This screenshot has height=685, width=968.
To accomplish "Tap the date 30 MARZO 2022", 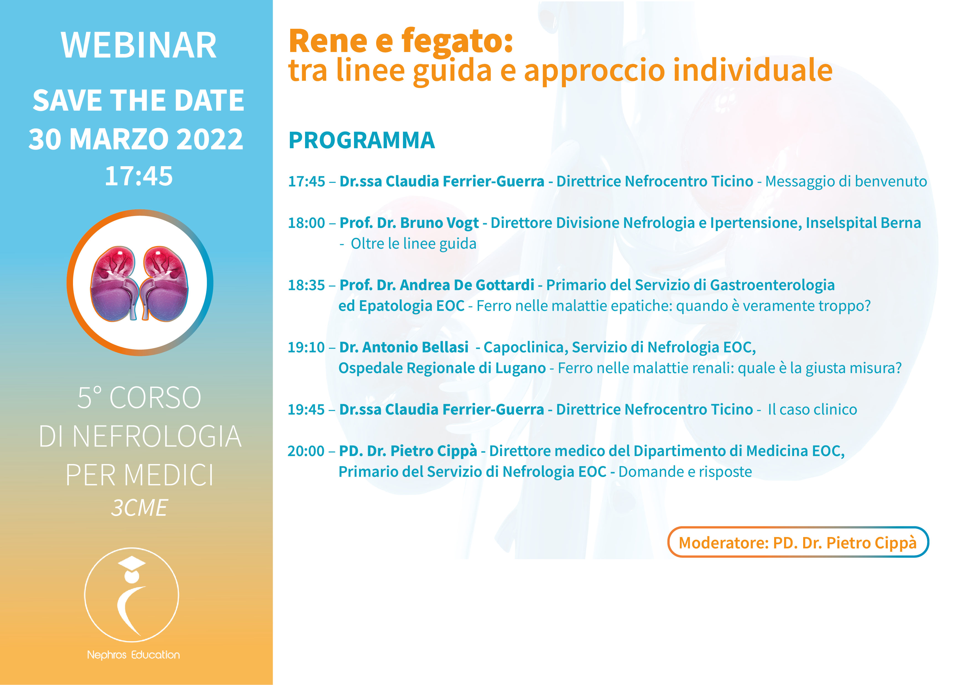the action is point(136,139).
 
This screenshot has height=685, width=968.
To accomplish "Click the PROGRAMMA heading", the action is point(361,140).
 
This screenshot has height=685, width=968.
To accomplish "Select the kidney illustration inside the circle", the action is point(140,283).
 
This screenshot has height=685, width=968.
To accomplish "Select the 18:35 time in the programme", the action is point(306,285).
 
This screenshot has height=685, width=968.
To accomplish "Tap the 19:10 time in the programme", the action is point(306,348).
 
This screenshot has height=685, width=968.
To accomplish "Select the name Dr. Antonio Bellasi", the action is point(404,348).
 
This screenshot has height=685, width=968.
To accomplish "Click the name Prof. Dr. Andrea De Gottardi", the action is point(437,285).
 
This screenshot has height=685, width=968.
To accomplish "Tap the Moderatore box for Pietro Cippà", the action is point(798,542).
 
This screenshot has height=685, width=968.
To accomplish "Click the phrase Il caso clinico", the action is point(812,410).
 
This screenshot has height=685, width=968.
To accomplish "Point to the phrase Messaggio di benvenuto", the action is point(846,181).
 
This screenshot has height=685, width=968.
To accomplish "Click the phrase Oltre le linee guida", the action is point(413,244).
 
